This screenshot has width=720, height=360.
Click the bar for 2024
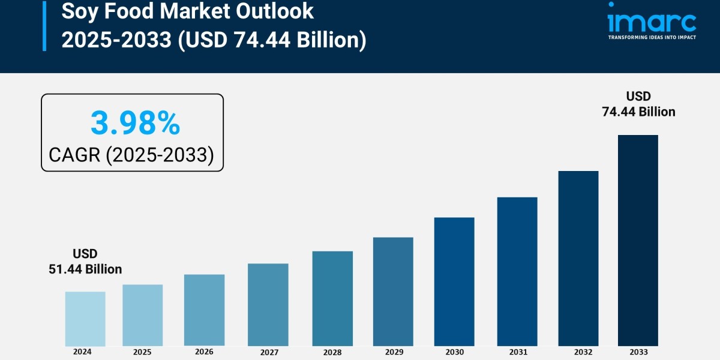coord(85,319)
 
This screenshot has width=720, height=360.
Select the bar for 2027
coord(268,305)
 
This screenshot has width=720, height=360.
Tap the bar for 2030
coord(454,281)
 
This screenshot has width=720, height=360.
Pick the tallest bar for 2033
coord(638,240)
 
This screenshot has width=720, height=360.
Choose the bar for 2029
coord(393,292)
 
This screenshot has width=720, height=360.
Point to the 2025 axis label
coord(142,352)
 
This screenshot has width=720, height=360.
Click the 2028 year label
coord(332,352)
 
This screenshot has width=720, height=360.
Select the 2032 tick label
coord(578,352)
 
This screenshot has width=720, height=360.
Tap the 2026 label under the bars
coord(204,352)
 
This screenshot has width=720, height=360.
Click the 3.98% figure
coord(135,124)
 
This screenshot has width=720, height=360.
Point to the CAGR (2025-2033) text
coord(131,155)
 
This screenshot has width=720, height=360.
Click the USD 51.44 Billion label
coord(85,262)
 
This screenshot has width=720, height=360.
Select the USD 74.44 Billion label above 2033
coord(638,104)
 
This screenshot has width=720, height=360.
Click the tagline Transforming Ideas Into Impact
coord(652,37)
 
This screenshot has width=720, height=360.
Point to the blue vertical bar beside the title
coord(44,25)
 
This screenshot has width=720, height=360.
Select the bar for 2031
coord(517,271)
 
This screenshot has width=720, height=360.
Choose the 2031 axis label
coord(517,352)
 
